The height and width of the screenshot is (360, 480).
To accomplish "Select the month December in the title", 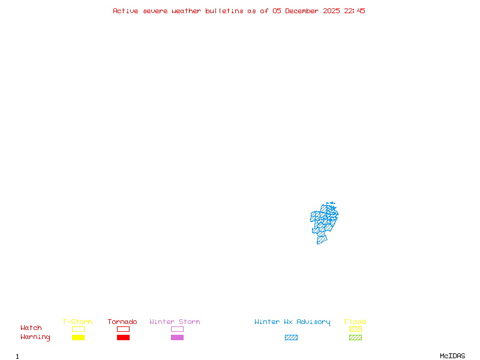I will point(304,11).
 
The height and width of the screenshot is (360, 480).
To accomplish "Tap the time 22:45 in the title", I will point(355,11).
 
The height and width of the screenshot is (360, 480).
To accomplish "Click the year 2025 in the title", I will point(332,11).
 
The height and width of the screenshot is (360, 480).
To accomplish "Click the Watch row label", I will point(31,328).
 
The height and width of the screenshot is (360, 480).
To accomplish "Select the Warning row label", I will point(35,337).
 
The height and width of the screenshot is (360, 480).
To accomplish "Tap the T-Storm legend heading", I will point(77,322).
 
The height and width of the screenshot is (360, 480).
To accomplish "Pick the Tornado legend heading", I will point(122,322).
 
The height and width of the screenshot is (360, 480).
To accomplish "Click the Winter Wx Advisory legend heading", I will point(292,322).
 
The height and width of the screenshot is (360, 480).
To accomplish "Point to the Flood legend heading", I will point(355,322).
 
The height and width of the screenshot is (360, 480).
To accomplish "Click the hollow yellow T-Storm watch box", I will point(78,329).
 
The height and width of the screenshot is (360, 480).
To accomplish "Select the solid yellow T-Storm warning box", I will point(78,338).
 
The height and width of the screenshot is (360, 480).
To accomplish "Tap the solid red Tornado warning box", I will point(123,338).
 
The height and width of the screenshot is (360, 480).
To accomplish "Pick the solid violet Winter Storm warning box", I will point(177,338).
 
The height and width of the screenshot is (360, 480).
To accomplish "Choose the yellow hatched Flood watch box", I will point(355,329).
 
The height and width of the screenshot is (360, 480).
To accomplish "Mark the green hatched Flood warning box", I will point(355,338).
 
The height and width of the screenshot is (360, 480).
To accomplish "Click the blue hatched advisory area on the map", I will point(324,222).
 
